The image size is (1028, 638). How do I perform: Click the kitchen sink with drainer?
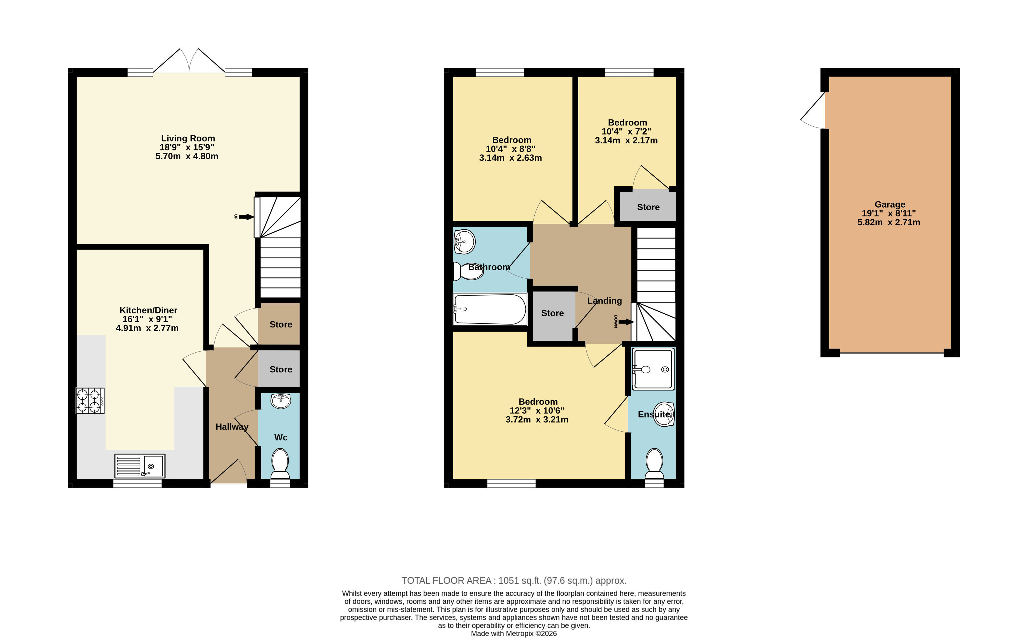[x=140, y=466]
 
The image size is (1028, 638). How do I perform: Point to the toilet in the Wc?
[x=280, y=463]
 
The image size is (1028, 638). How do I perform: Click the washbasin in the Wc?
[x=281, y=401]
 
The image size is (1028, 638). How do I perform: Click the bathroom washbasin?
[x=464, y=241]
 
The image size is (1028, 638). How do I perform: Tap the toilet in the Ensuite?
[x=654, y=463]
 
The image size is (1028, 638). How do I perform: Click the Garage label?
[x=890, y=205]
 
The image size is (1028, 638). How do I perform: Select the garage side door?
[x=813, y=111]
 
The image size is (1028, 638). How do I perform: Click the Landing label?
[x=604, y=301]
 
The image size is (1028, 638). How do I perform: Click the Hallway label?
[x=232, y=427]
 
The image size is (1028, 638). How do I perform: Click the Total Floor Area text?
[x=514, y=581]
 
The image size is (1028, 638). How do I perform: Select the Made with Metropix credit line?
[x=514, y=633]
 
